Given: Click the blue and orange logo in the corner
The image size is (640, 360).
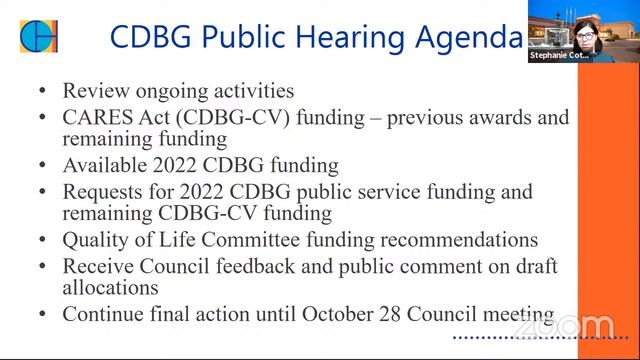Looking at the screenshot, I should click(x=38, y=36).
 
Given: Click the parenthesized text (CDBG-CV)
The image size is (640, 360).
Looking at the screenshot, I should click(x=226, y=117).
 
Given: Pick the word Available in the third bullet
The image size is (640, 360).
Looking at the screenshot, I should click(x=104, y=165).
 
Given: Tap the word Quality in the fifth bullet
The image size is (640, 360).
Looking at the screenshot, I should click(x=96, y=240).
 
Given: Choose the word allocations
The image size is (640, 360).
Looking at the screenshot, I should click(x=110, y=288).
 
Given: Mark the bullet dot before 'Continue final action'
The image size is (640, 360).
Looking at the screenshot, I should click(x=42, y=314).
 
